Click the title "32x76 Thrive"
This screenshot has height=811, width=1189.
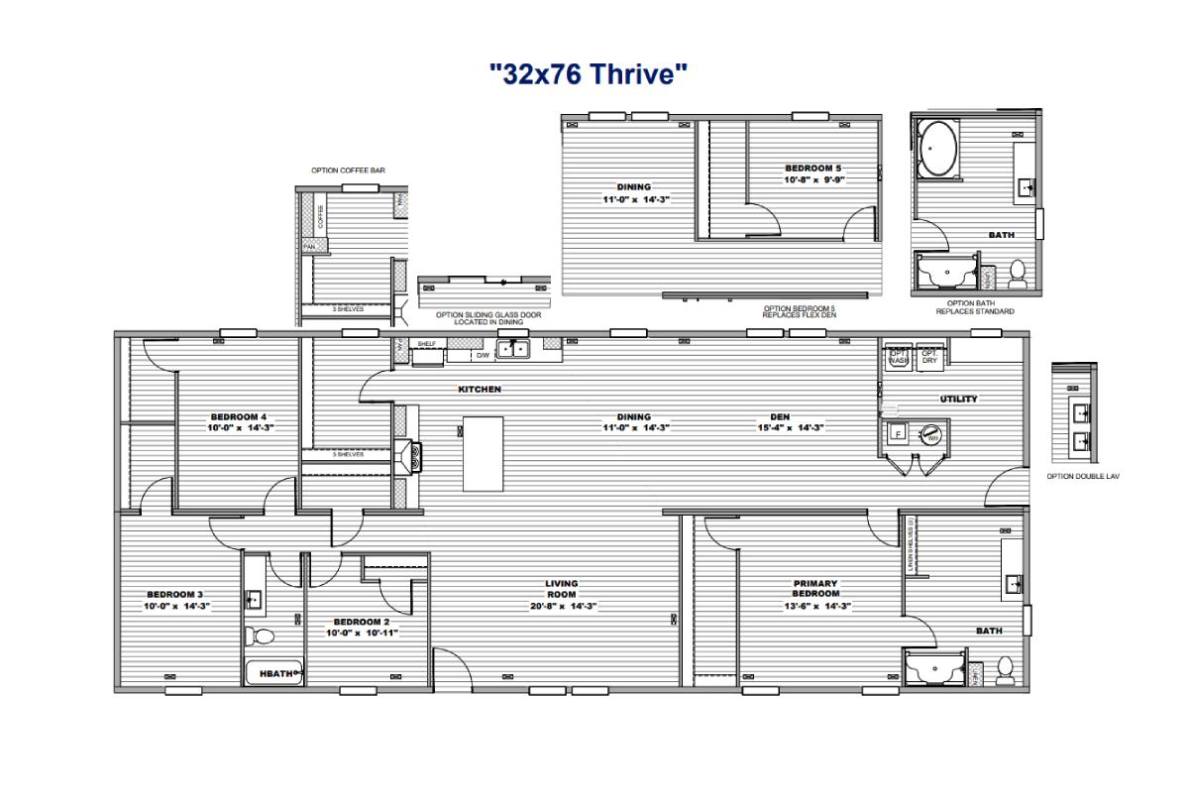[589, 73]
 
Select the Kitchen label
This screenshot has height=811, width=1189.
[480, 390]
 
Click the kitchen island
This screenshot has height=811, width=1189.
[483, 453]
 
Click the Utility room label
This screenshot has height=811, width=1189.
[958, 399]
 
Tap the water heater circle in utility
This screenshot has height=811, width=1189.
[931, 433]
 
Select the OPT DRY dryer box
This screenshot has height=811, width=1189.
[929, 357]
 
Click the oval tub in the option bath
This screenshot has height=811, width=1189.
[938, 150]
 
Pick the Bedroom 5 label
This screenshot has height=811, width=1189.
[812, 169]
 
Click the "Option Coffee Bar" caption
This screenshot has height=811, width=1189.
[348, 171]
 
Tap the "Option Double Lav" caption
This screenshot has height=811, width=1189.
[1083, 476]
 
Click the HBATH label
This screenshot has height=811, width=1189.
[275, 674]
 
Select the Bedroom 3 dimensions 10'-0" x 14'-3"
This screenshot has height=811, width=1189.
[177, 605]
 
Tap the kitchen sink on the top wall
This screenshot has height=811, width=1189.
[512, 348]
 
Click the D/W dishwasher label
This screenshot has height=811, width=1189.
[483, 355]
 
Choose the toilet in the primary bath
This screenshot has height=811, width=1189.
[1005, 668]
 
